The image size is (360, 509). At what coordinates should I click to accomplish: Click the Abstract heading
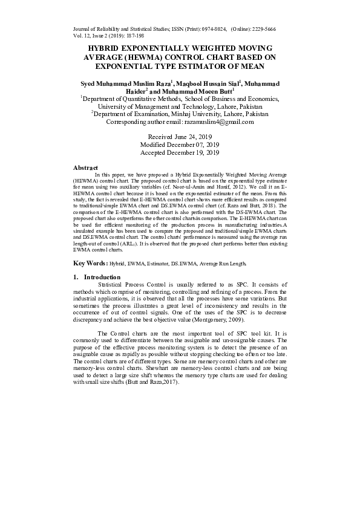[x=85, y=167]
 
